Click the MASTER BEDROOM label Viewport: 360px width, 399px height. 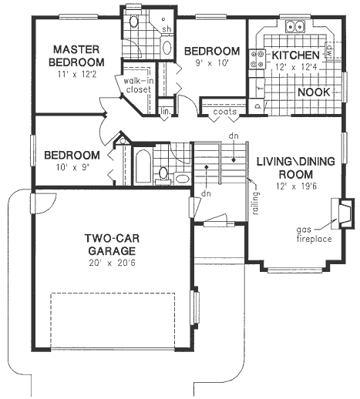coord(76,55)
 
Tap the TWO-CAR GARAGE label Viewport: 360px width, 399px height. coord(112,244)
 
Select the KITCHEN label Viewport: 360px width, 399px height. coord(296,55)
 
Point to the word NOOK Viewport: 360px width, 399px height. coord(314,92)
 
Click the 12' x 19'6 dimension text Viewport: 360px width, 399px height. coord(296,186)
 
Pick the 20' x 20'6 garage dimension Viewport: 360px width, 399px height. coord(112,263)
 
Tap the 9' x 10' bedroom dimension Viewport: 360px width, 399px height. coord(212,63)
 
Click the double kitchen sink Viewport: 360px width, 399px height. coord(294,26)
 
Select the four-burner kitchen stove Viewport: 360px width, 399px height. coord(257,59)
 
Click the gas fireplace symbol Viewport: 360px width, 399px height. coord(343,213)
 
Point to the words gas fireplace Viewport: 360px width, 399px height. coord(314,234)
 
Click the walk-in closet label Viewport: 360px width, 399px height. coord(139,85)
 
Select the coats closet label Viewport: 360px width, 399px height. coord(225,112)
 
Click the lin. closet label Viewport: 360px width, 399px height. coord(166,112)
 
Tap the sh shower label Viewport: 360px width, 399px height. coord(167,28)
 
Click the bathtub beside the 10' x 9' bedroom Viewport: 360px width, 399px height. coord(143,166)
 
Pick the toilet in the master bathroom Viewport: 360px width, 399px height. coord(133,22)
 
